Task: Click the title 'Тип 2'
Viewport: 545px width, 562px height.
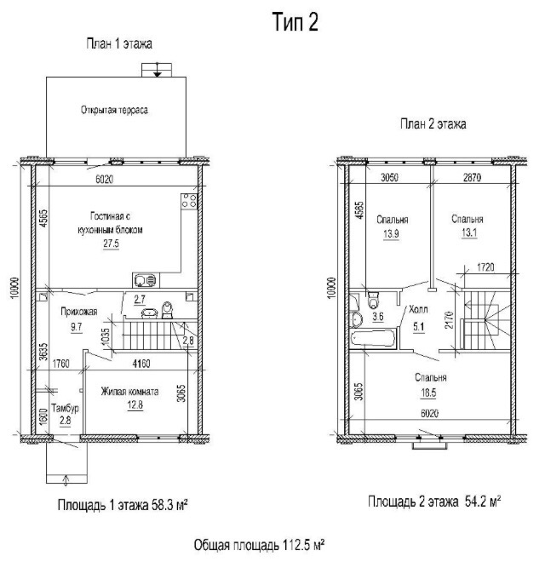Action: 295,22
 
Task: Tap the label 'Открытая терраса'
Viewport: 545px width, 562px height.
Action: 114,110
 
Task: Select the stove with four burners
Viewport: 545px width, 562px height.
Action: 189,201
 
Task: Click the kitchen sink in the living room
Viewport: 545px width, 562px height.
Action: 146,280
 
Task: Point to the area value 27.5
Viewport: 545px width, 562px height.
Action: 112,244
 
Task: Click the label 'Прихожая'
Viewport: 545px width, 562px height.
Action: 79,312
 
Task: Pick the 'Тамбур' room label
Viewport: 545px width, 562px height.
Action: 65,408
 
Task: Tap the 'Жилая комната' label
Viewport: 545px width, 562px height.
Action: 129,391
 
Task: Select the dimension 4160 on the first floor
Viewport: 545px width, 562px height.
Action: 141,364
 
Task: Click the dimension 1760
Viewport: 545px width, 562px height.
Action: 61,364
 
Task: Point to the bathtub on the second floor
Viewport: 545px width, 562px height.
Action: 373,338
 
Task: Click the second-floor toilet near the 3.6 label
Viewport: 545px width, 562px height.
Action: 373,301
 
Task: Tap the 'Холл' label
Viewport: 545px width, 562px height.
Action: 418,309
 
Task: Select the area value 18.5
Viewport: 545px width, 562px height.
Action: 428,393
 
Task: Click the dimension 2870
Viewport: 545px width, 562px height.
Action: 472,177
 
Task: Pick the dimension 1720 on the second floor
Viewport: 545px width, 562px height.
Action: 485,267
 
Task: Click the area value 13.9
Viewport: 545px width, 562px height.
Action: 391,234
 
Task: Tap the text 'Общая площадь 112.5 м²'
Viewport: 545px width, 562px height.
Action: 260,545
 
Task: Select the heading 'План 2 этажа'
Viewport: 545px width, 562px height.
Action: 433,124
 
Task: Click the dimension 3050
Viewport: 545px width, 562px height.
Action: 389,177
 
